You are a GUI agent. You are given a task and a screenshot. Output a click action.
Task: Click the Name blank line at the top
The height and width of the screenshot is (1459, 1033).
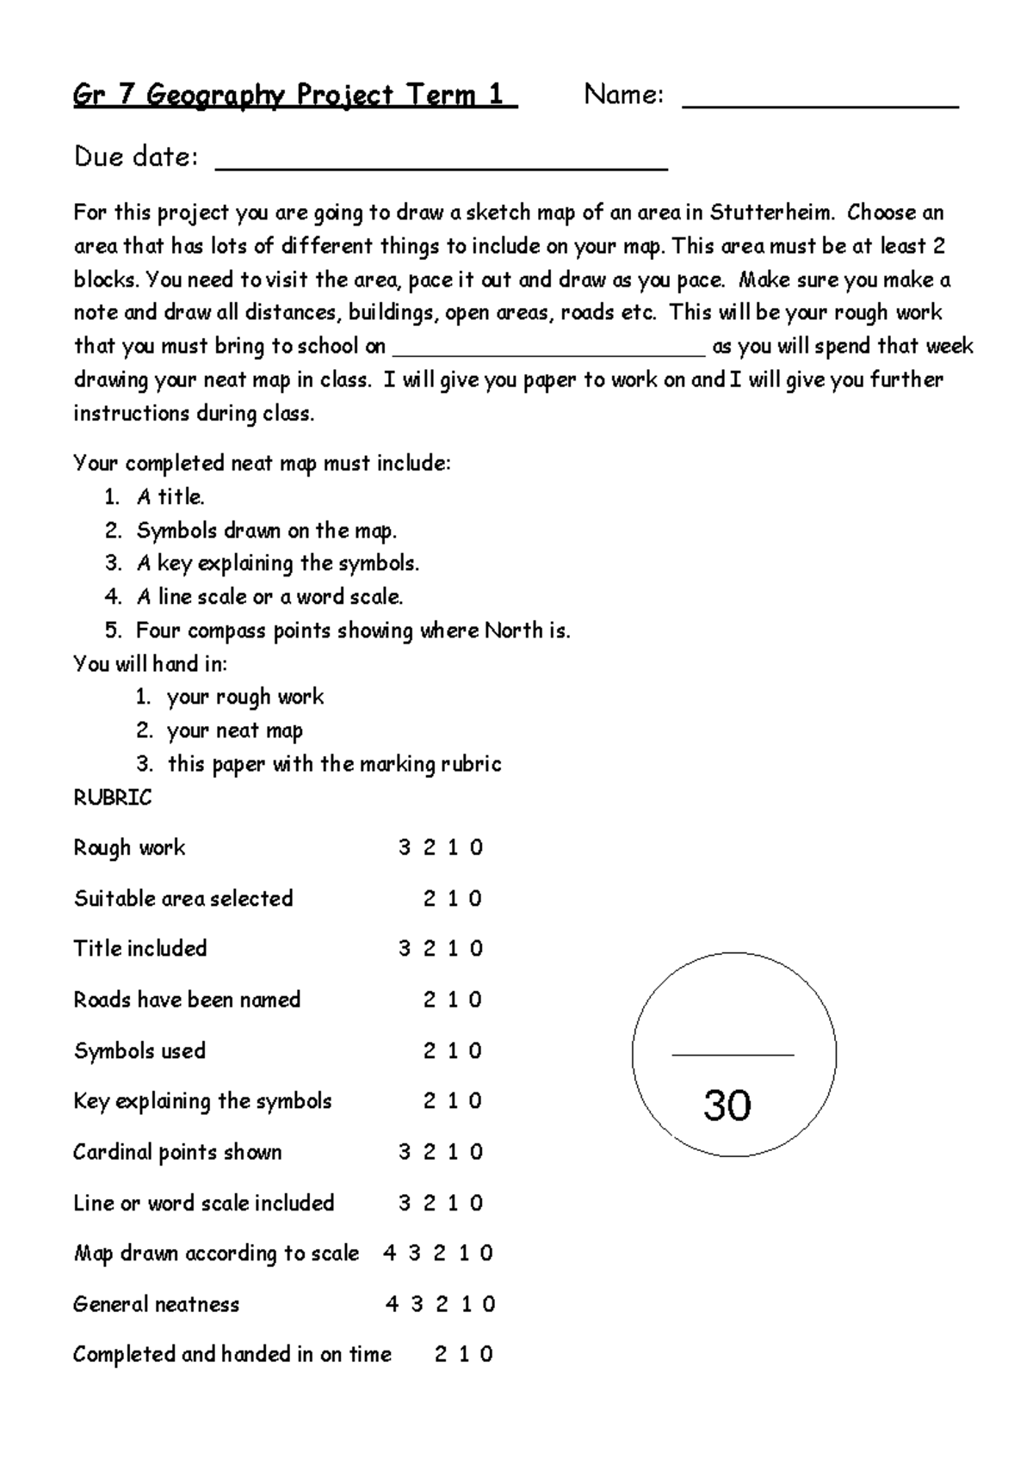820,105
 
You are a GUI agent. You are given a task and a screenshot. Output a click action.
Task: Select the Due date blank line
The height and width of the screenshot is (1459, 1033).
441,168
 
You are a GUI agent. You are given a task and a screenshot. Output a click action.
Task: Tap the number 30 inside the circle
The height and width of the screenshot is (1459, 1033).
727,1105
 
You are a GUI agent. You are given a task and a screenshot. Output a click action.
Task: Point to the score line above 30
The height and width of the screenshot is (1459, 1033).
733,1054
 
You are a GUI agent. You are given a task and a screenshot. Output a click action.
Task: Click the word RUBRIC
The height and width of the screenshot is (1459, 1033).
113,798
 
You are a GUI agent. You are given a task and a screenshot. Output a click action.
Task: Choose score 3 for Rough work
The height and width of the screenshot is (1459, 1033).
405,848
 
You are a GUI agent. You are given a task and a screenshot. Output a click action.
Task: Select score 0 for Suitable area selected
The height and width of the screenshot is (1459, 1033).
475,899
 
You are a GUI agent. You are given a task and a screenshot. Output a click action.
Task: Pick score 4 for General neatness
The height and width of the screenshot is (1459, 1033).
393,1305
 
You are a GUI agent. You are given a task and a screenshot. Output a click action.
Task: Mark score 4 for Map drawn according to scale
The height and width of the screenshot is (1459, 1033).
390,1254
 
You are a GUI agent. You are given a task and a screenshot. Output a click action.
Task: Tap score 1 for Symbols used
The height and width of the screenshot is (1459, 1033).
453,1051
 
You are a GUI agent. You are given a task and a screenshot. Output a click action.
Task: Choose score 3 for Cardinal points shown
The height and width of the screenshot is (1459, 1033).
405,1153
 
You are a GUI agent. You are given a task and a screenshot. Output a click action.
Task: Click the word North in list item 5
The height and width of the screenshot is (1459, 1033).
513,631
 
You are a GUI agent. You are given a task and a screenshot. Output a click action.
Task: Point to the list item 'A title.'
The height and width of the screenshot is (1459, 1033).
170,497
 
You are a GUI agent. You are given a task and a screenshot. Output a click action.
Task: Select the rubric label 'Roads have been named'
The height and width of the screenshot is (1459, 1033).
187,1000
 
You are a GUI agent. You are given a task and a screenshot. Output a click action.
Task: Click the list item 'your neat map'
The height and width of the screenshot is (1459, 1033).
235,731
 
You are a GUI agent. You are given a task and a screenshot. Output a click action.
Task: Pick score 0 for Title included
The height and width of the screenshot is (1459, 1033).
476,950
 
